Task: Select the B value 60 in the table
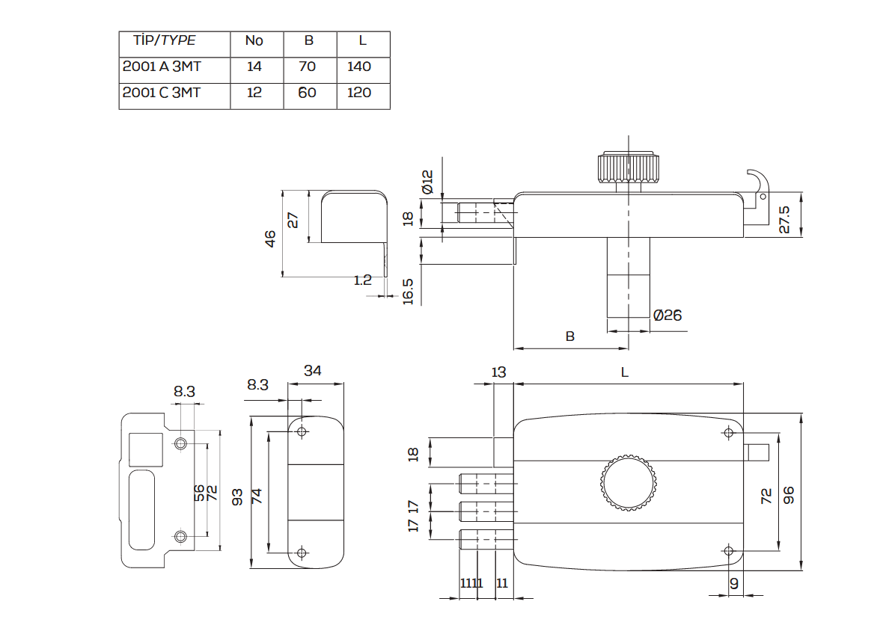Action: point(307,93)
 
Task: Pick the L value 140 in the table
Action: point(359,67)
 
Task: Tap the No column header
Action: point(254,40)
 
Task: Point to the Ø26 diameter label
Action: point(667,316)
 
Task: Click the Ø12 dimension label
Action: point(427,182)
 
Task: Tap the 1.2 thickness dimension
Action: point(362,280)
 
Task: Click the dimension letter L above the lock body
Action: point(625,372)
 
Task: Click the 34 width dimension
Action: point(314,371)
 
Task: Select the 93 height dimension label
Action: point(237,495)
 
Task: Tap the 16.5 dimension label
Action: point(408,291)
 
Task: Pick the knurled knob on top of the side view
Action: point(629,168)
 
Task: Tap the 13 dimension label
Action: point(498,372)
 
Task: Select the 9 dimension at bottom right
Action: point(733,583)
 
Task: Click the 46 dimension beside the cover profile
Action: point(270,238)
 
